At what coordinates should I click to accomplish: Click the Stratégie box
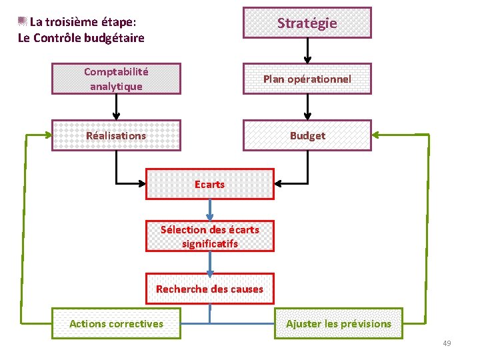pyautogui.click(x=307, y=23)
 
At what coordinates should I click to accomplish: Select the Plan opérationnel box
pyautogui.click(x=307, y=79)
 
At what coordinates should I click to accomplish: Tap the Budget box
pyautogui.click(x=307, y=135)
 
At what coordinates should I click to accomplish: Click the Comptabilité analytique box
pyautogui.click(x=116, y=79)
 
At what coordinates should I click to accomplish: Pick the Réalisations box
pyautogui.click(x=116, y=135)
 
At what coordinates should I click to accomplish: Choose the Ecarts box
pyautogui.click(x=210, y=184)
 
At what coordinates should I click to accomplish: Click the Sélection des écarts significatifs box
pyautogui.click(x=210, y=236)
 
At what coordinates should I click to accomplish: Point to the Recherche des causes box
pyautogui.click(x=210, y=289)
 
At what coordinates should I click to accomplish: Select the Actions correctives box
pyautogui.click(x=116, y=323)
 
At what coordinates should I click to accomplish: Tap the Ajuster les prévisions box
pyautogui.click(x=339, y=323)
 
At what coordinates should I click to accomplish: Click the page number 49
pyautogui.click(x=447, y=343)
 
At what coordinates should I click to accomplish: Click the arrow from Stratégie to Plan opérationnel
pyautogui.click(x=307, y=51)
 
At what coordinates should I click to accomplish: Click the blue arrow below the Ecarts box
pyautogui.click(x=210, y=210)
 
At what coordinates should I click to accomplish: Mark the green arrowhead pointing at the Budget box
pyautogui.click(x=377, y=135)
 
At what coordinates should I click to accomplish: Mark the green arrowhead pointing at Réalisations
pyautogui.click(x=47, y=135)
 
